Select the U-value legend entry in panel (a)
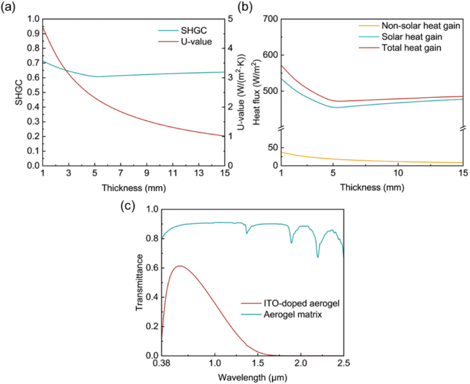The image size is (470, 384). pos(185,41)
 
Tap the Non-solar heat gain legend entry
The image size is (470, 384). pos(409,26)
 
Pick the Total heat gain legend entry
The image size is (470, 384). pos(400,48)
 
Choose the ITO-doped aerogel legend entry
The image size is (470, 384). pos(290,303)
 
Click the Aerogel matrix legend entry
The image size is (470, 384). pos(282,315)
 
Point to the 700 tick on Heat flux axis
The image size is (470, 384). pos(270,19)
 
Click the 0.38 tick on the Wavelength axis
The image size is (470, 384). pos(162,363)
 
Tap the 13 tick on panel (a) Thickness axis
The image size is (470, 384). pos(199,173)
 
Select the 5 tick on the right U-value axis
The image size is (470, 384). pos(231,19)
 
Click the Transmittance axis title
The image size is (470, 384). pos(139,283)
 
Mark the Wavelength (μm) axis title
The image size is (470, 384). pos(252,377)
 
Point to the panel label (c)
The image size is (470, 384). pos(128,206)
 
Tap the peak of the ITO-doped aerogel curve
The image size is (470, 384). pos(180,266)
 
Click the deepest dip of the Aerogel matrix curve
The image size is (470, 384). pos(318,257)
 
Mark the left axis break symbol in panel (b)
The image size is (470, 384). pos(281,128)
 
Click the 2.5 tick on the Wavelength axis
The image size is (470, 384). pos(343,363)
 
